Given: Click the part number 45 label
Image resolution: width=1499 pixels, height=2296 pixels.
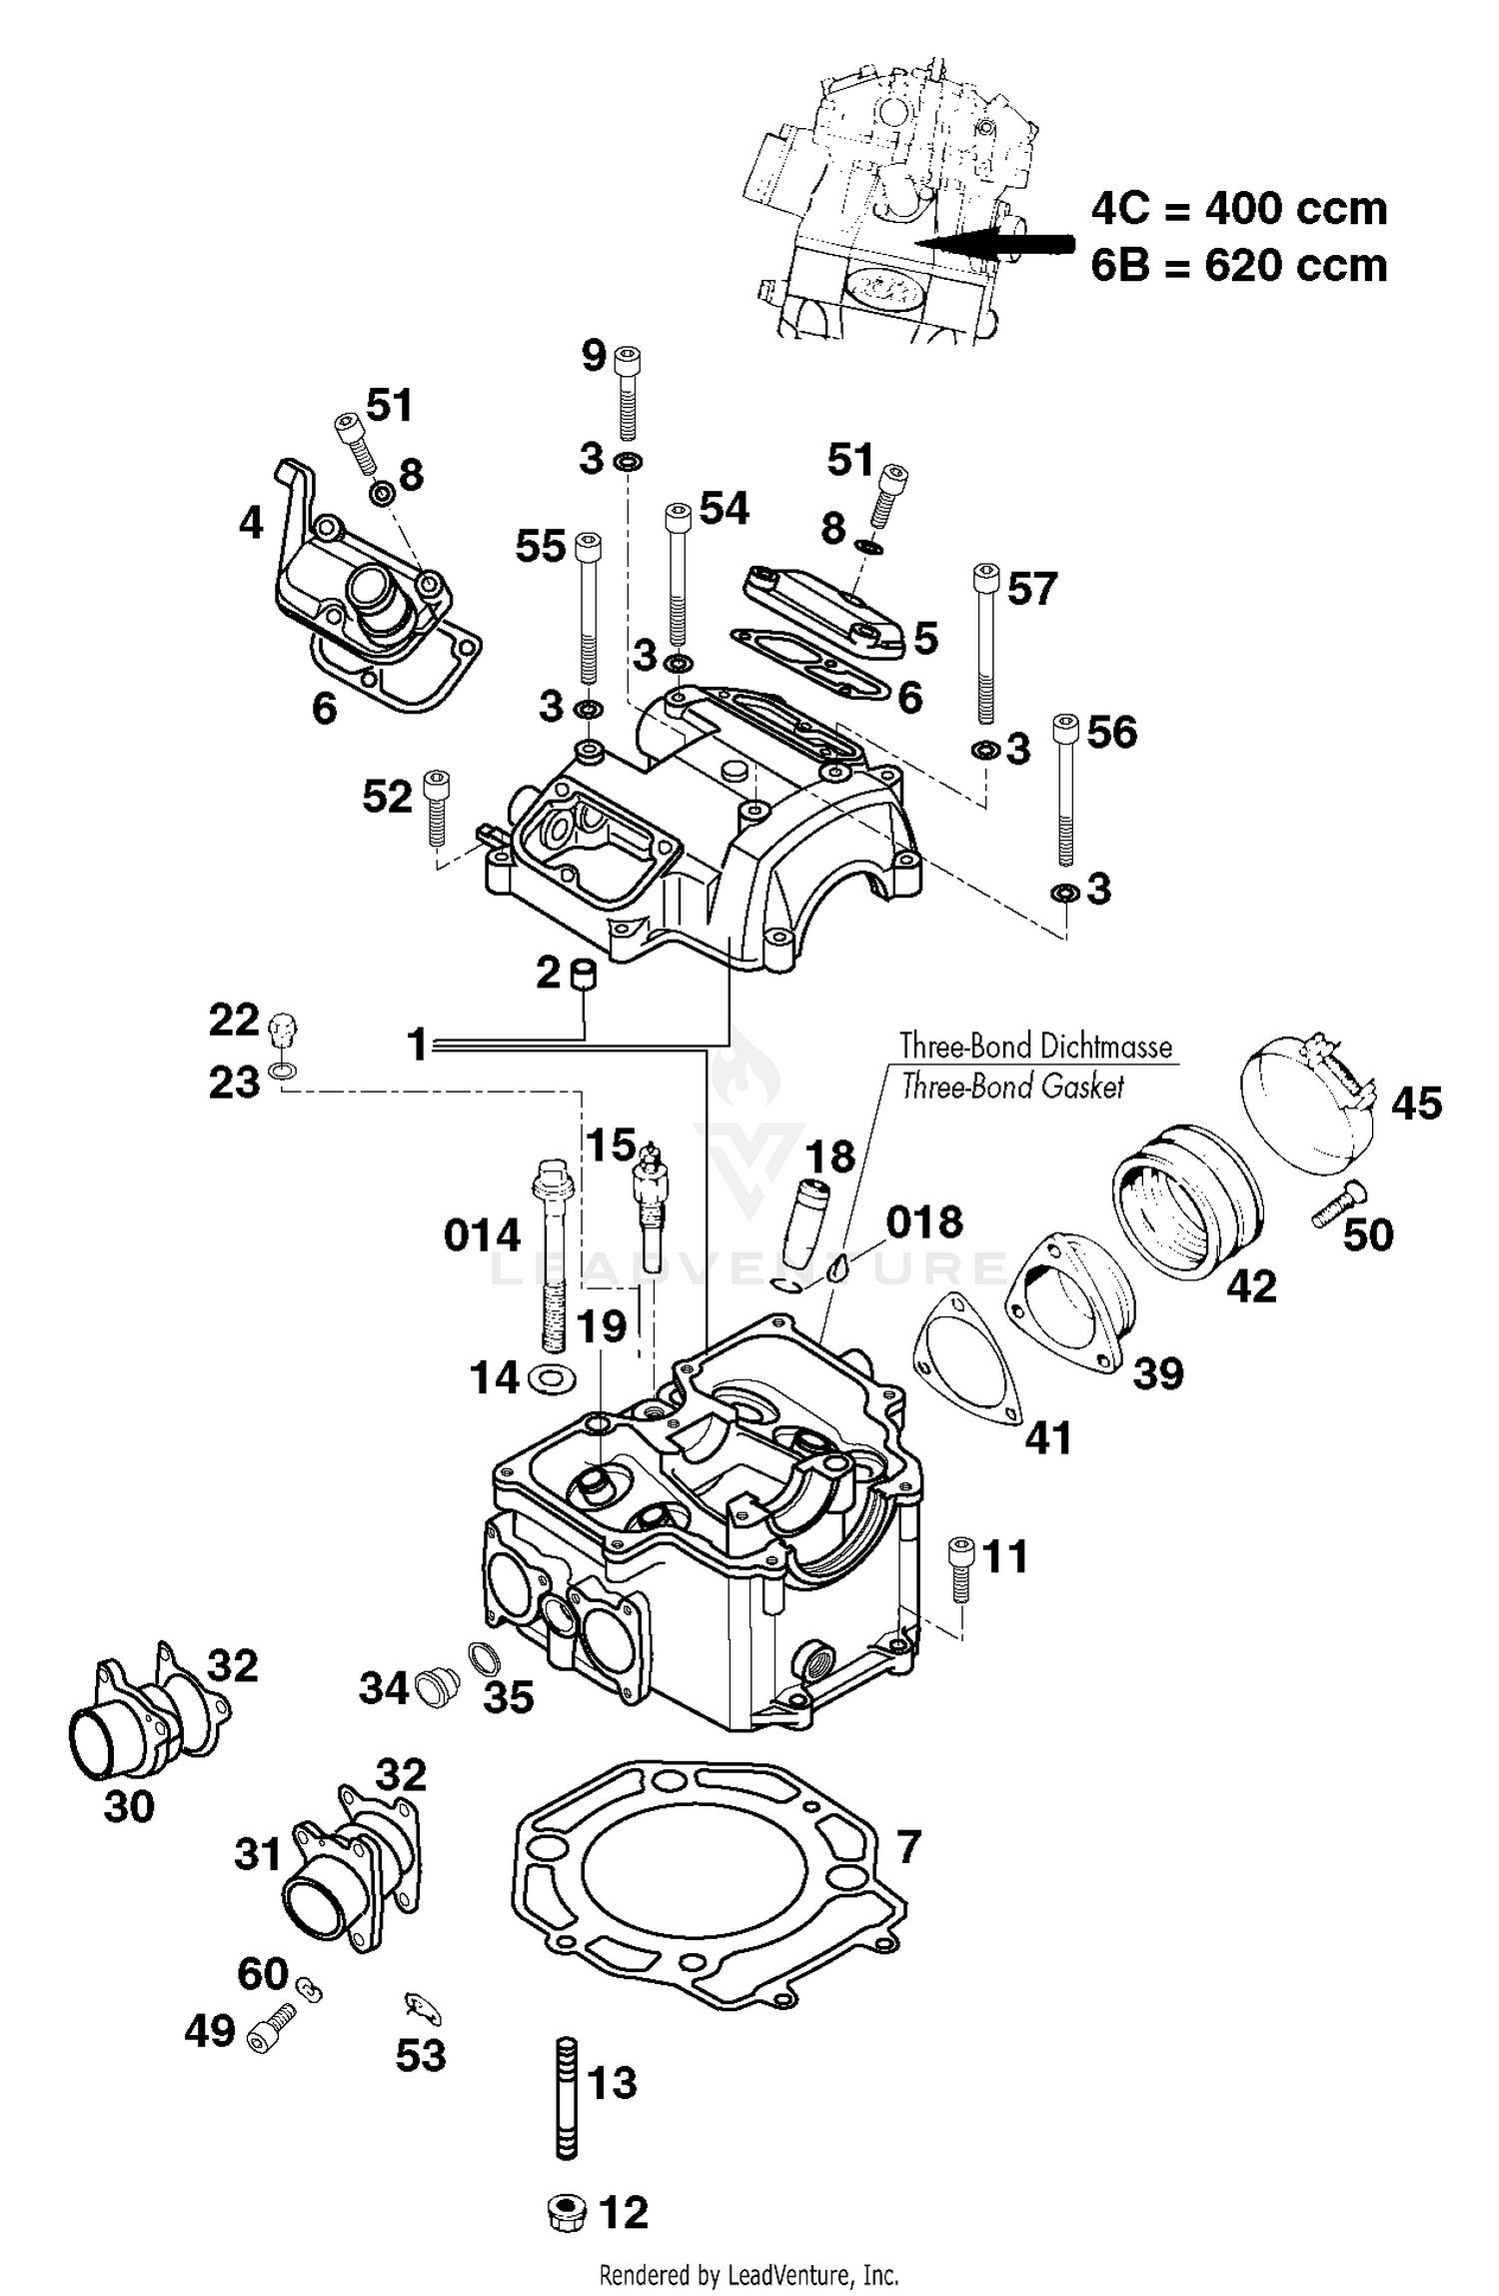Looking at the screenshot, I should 1416,1104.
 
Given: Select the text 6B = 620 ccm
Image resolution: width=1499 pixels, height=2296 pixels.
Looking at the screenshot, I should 1238,267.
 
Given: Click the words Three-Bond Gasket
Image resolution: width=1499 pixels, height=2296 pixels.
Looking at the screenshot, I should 1011,1087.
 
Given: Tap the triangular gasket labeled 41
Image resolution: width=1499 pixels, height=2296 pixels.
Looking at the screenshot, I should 966,1357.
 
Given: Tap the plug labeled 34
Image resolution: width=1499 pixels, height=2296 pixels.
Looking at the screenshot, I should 433,1689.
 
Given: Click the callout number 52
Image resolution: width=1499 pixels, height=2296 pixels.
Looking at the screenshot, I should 387,798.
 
